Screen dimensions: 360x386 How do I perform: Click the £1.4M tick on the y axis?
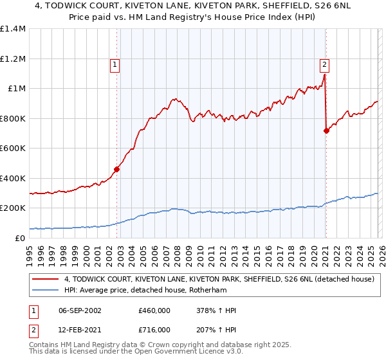pyautogui.click(x=14, y=29)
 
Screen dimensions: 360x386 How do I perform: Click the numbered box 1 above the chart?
pyautogui.click(x=115, y=64)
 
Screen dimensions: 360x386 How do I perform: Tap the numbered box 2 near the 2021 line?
pyautogui.click(x=324, y=64)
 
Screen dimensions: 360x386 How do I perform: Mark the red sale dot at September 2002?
pyautogui.click(x=117, y=170)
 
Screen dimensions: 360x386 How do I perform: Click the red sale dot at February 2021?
pyautogui.click(x=326, y=131)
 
